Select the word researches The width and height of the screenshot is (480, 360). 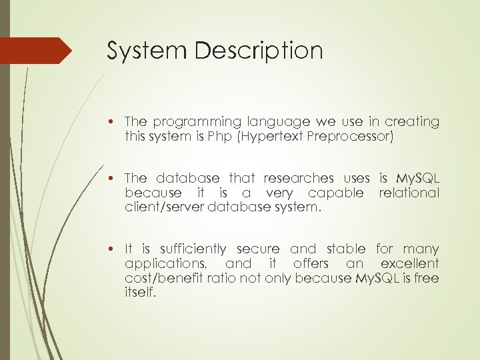click(x=299, y=179)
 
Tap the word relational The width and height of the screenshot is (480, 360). click(x=409, y=193)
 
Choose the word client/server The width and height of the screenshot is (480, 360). click(x=161, y=207)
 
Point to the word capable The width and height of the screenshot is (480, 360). click(x=336, y=193)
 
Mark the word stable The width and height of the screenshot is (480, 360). click(x=346, y=249)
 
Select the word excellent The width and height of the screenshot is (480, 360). click(x=409, y=264)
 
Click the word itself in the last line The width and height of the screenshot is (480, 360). click(x=140, y=292)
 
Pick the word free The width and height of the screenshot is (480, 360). click(x=426, y=278)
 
